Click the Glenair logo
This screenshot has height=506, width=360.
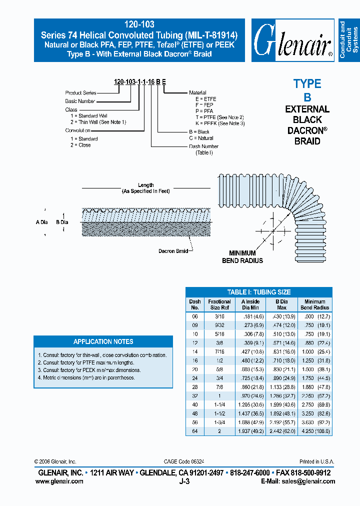point(292,40)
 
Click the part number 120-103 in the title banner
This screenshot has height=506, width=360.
point(139,24)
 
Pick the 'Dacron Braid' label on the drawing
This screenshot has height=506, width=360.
point(173,251)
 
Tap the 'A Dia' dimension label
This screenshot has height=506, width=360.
point(42,221)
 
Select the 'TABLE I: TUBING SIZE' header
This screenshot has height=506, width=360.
point(258,292)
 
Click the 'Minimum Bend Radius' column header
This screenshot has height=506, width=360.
point(314,304)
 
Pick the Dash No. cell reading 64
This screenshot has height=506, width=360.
point(194,430)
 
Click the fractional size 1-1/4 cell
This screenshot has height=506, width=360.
point(219,404)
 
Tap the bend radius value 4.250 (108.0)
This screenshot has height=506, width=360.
point(314,430)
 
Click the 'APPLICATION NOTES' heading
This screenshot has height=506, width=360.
point(103,341)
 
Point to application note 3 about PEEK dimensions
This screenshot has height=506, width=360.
point(89,370)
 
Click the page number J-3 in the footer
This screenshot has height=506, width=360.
point(184,481)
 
